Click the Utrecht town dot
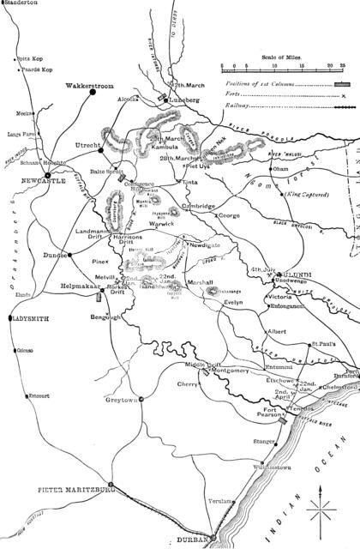click(x=101, y=148)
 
